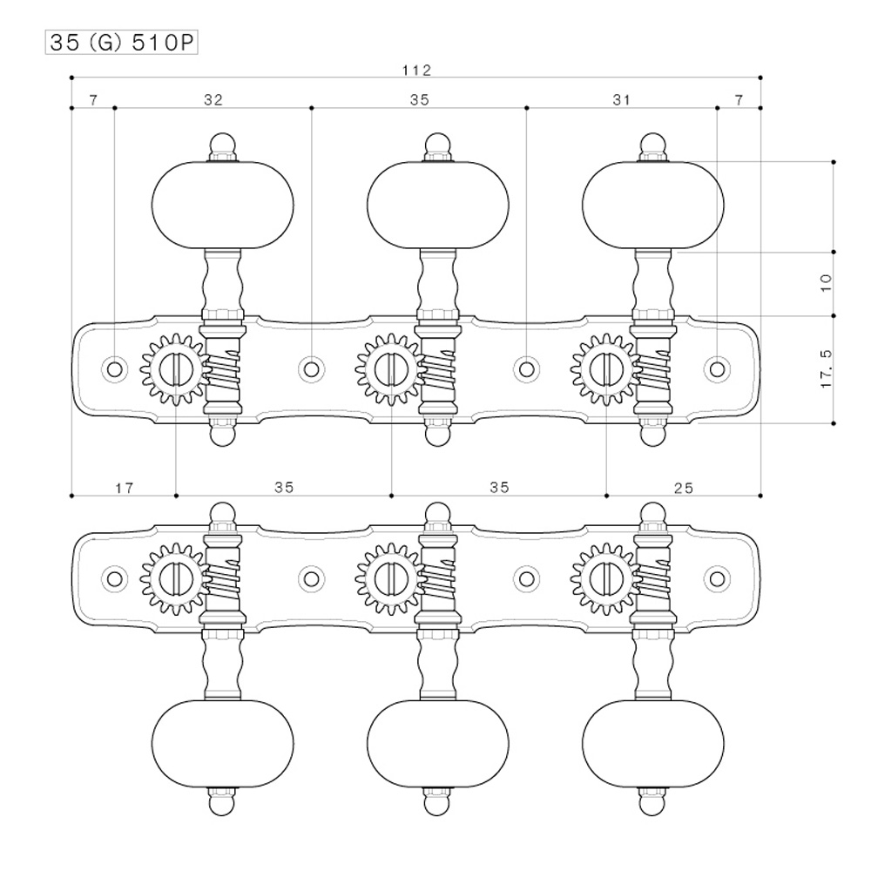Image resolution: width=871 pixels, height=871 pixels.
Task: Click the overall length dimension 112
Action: pos(418,70)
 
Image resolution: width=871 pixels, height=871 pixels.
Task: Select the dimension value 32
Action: pos(213,100)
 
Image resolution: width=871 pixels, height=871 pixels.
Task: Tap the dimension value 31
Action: pos(621,100)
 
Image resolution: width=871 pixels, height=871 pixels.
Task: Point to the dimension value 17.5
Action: pos(827,369)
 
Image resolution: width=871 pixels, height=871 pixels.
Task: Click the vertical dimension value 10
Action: pos(827,281)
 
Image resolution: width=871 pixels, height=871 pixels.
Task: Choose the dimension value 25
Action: pos(684,488)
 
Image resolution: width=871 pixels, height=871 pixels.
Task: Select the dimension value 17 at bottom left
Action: pos(124,488)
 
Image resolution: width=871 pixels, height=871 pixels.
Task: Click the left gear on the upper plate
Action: pos(174,369)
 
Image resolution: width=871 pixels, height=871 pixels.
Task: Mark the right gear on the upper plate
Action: pos(604,369)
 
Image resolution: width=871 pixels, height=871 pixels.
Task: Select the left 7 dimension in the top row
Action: pos(92,100)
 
